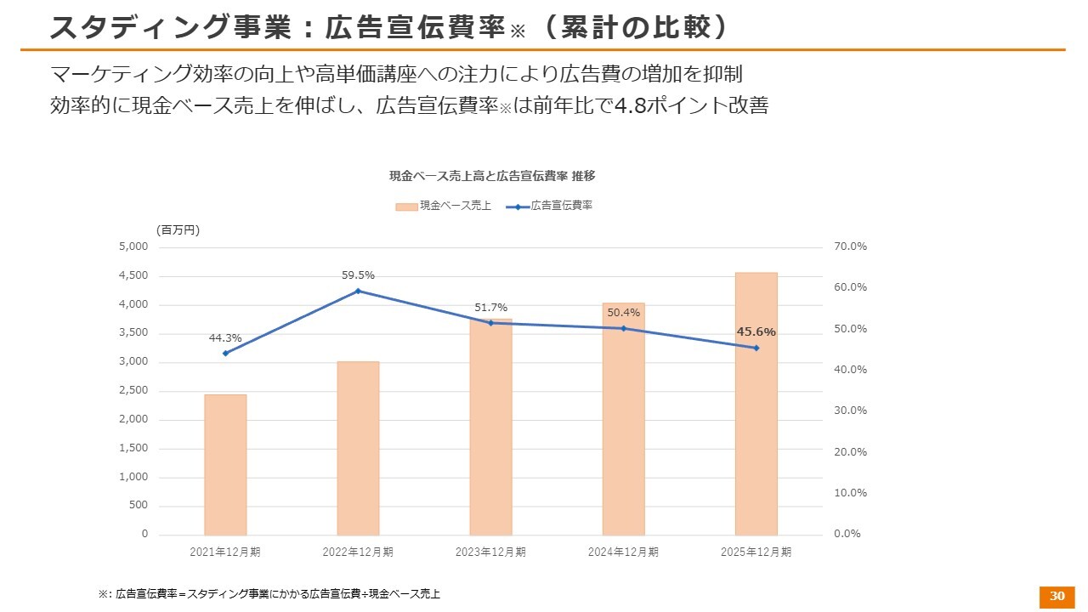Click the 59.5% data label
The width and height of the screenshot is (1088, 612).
click(x=358, y=275)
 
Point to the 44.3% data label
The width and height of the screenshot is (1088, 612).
click(x=225, y=338)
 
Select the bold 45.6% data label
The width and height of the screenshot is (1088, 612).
click(x=756, y=332)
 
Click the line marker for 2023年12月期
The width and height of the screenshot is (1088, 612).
click(x=490, y=323)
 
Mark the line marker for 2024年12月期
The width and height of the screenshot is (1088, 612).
click(x=623, y=328)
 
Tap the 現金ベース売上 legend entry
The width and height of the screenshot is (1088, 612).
click(x=444, y=206)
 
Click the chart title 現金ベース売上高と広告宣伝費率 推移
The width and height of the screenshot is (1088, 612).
click(x=492, y=176)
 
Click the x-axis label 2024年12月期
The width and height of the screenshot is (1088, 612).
click(x=623, y=552)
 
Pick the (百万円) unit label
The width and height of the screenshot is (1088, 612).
click(x=178, y=229)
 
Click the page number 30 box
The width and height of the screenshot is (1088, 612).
click(x=1057, y=596)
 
